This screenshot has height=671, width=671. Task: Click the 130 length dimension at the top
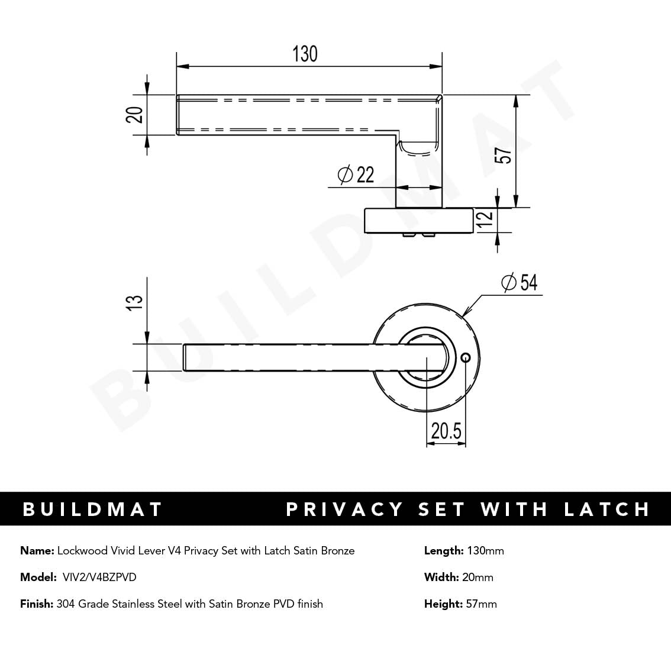coord(305,54)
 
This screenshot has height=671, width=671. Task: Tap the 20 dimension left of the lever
coord(135,114)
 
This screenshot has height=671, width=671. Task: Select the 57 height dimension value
coord(506,156)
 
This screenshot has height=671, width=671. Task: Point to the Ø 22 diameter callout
coord(356,175)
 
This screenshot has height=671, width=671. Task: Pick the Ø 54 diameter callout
coord(519,283)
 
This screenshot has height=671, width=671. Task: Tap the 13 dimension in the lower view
coord(135,301)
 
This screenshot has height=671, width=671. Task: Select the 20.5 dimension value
coord(446,431)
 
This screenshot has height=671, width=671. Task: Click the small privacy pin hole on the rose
coord(465,357)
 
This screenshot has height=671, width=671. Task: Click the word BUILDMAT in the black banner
coord(92,509)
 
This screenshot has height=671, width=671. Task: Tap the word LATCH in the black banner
coord(607,509)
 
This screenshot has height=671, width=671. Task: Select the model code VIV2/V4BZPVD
coord(99,577)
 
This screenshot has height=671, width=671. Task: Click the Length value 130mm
coord(485,551)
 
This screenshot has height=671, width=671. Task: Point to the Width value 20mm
coord(478,577)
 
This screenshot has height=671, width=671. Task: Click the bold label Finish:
coord(36,604)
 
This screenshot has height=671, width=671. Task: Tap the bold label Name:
coord(37,551)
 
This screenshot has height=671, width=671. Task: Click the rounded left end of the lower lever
coord(185,357)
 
